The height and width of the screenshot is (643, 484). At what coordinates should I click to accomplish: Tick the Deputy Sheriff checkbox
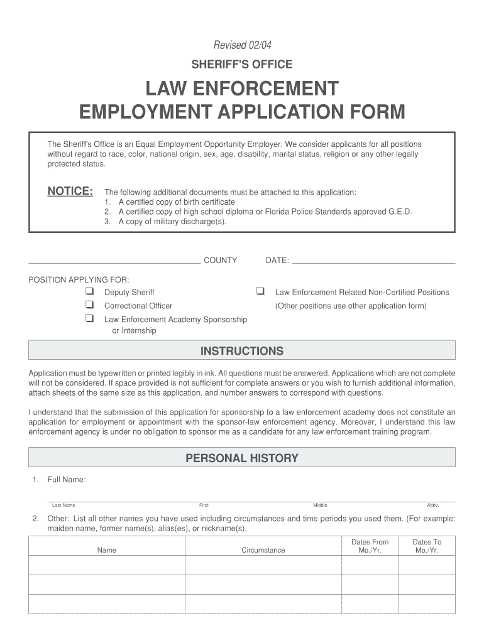point(89,291)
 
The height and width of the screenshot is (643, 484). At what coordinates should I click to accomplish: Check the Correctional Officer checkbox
point(89,305)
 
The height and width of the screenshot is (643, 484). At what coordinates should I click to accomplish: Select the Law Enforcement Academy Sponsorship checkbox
point(89,319)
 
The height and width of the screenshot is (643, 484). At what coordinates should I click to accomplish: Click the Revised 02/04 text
point(242,45)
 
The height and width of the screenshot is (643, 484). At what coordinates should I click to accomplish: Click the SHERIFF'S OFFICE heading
point(242,64)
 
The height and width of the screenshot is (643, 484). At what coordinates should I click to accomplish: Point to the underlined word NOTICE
point(70,191)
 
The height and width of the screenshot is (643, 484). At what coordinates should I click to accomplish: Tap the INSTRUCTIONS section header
point(242,351)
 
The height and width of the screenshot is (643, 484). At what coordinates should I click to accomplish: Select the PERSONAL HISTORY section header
point(242,458)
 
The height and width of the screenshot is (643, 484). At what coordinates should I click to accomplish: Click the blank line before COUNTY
point(114,261)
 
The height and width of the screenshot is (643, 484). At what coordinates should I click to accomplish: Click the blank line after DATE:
point(373,261)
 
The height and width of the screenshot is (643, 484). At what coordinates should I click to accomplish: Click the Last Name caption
point(63,505)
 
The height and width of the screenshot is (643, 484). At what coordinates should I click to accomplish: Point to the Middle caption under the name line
point(320,505)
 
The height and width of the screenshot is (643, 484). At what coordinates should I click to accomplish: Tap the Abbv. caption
point(432,505)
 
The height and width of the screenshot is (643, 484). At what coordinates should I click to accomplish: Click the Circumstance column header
point(263,550)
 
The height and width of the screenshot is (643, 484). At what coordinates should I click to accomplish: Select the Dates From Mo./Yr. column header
point(370,546)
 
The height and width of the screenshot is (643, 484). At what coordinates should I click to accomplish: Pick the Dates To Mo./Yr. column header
point(427,546)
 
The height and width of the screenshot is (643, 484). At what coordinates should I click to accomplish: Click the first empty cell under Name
point(107,565)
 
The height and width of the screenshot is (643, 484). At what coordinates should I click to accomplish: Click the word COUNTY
point(220,260)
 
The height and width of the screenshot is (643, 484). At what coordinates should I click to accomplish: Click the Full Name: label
point(67,480)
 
